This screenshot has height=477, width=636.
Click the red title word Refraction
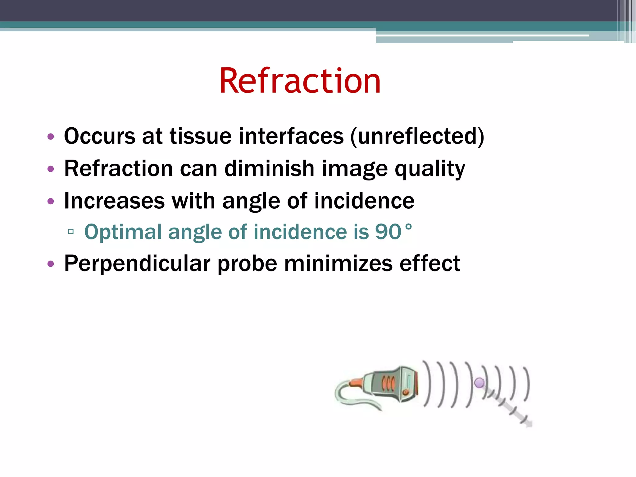[300, 81]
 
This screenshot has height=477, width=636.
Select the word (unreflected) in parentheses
[417, 137]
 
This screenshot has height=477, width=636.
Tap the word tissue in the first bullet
[200, 137]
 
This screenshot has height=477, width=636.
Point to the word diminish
[269, 169]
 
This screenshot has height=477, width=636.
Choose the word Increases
[114, 201]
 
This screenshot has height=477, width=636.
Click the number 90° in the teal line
[393, 232]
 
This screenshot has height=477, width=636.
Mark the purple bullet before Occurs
[51, 137]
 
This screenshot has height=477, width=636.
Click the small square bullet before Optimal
[71, 231]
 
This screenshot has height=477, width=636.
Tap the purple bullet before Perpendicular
[51, 264]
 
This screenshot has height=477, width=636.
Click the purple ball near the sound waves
[479, 383]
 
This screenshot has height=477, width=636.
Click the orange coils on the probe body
[388, 384]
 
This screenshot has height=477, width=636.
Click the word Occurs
[100, 137]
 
